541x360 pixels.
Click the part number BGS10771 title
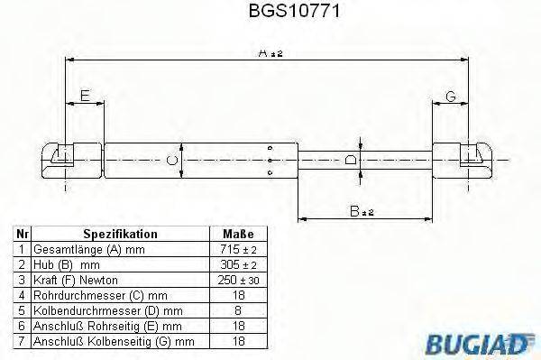click(270, 14)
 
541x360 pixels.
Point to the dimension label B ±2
click(362, 211)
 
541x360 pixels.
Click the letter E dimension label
click(85, 95)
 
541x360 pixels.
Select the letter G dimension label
click(450, 97)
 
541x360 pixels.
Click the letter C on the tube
click(172, 161)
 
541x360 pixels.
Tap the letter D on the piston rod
click(352, 160)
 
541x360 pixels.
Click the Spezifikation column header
click(120, 234)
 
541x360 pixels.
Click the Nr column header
click(23, 234)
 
